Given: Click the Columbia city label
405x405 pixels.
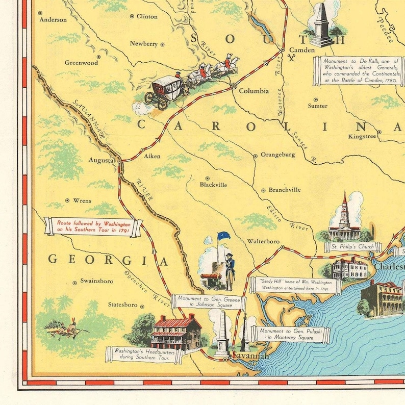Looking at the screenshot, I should click(x=254, y=91).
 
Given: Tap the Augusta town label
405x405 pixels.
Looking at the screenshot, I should click(x=101, y=160).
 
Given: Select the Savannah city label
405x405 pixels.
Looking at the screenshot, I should click(x=250, y=356).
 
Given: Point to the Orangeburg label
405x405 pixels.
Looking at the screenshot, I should click(x=277, y=155).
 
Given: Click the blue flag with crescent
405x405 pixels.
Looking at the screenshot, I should click(x=224, y=236).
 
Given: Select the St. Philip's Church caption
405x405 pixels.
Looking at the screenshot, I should click(x=352, y=247).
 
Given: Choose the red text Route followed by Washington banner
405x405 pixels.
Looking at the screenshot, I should click(x=94, y=226).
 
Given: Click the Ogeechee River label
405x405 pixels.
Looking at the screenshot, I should click(x=147, y=289).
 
